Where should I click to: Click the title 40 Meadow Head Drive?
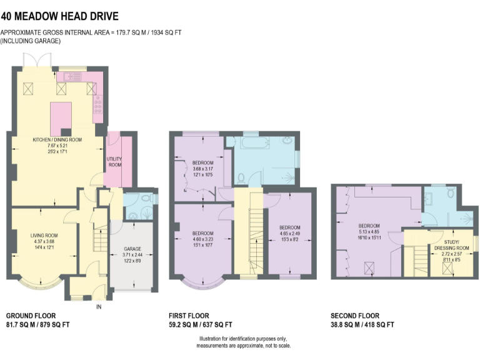click(59, 16)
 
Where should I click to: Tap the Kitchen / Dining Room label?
click(57, 139)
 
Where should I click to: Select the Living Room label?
click(44, 236)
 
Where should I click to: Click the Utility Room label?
click(114, 162)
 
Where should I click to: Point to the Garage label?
click(131, 249)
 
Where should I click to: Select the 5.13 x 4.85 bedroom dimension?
click(368, 231)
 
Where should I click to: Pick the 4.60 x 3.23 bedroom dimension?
click(203, 239)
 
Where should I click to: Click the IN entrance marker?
click(99, 307)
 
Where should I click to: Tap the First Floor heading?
click(189, 316)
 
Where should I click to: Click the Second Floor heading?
click(355, 316)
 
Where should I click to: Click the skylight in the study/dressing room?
click(447, 268)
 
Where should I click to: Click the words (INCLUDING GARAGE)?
click(31, 41)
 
